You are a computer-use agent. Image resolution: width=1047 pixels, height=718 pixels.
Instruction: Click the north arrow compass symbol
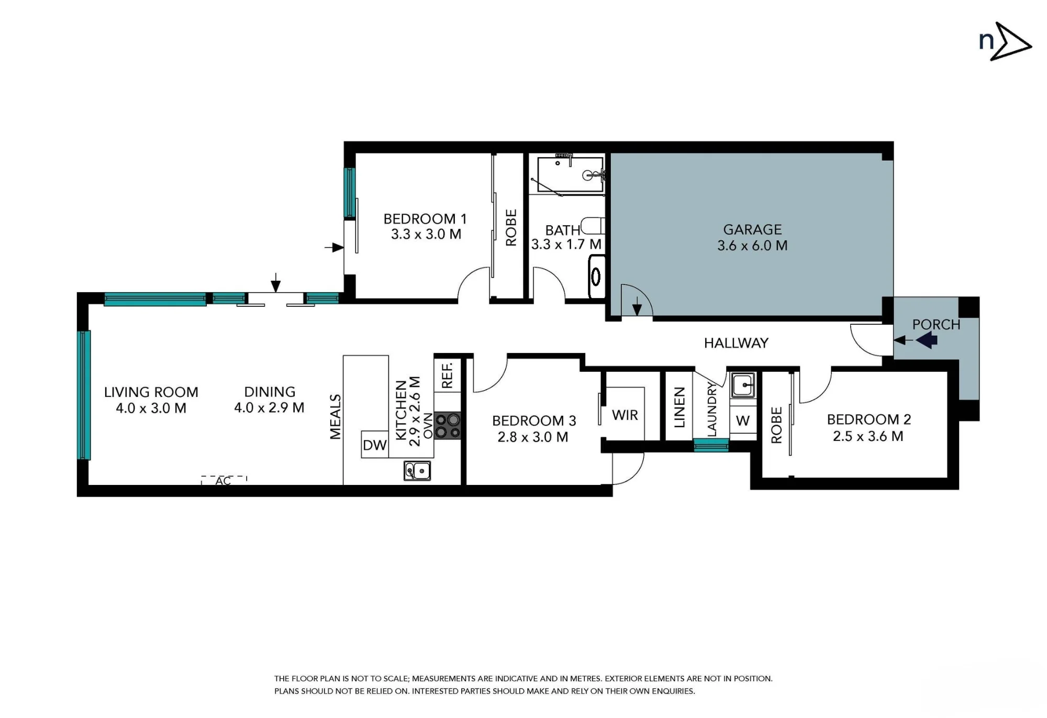[x=1005, y=41]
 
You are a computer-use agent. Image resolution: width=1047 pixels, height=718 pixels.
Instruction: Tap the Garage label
[x=752, y=229]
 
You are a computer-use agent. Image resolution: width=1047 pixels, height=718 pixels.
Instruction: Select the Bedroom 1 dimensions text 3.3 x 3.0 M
[x=426, y=234]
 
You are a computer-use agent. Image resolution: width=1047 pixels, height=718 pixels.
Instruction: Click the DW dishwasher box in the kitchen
[x=375, y=445]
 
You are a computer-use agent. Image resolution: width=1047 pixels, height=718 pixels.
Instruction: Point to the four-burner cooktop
[x=448, y=425]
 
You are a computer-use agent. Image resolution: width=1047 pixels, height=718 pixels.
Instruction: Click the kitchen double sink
[x=417, y=471]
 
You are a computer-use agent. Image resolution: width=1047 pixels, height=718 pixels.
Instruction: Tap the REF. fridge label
[x=447, y=375]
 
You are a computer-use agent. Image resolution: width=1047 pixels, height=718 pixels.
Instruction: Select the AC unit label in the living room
[x=224, y=481]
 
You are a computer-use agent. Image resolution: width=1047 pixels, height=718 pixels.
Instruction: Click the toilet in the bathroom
[x=593, y=226]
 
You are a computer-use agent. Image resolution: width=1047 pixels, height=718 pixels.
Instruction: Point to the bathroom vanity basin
[x=596, y=276]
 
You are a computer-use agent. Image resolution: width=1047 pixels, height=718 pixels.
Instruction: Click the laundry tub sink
[x=743, y=385]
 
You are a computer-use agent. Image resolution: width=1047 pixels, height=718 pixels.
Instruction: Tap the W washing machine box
[x=743, y=421]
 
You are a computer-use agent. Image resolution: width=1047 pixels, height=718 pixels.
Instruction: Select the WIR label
[x=625, y=415]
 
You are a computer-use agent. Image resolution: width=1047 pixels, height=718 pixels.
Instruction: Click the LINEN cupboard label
[x=680, y=407]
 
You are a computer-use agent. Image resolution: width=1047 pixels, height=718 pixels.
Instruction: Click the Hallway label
[x=736, y=343]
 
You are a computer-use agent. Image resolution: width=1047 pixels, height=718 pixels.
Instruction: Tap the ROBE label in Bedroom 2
[x=776, y=425]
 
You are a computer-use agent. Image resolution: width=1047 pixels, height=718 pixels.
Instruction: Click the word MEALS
[x=336, y=416]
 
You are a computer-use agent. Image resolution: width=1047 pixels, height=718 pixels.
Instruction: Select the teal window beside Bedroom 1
[x=350, y=192]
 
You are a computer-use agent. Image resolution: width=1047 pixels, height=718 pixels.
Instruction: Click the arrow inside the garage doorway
[x=637, y=306]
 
